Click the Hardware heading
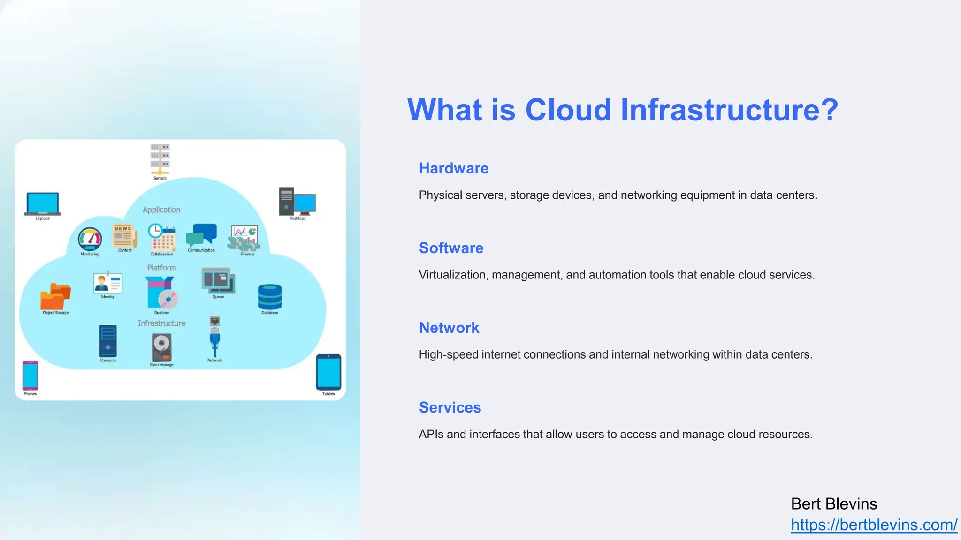[453, 168]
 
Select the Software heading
[451, 248]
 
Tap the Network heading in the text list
[449, 328]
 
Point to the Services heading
[450, 407]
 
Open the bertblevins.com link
[874, 525]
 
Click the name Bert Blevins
[833, 504]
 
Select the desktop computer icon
[297, 202]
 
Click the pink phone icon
[30, 375]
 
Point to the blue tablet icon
[328, 372]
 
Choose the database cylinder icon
[270, 297]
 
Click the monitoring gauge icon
[90, 240]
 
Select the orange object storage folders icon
[55, 297]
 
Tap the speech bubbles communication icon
[201, 235]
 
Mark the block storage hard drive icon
[161, 347]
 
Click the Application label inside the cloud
[161, 210]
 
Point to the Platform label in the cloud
[161, 268]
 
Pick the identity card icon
[108, 283]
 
